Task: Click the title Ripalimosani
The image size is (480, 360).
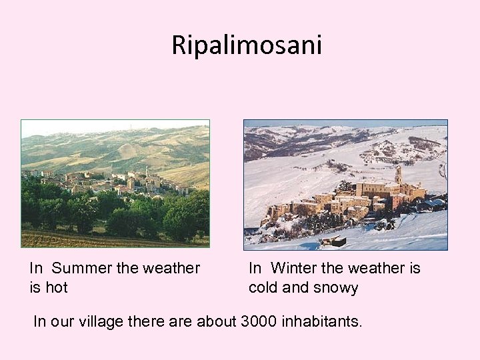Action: click(x=246, y=45)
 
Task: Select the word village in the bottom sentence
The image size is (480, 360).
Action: click(x=102, y=322)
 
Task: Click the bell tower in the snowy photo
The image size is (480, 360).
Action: click(x=398, y=175)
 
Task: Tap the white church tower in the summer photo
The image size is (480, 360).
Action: click(x=147, y=173)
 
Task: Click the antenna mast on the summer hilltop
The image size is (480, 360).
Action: click(x=131, y=125)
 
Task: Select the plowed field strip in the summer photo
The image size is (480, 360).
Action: click(x=113, y=239)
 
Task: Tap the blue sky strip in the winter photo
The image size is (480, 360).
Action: click(x=345, y=123)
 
